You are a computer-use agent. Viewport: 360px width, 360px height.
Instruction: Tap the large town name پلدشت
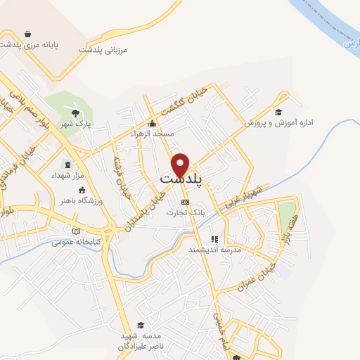[x=181, y=181]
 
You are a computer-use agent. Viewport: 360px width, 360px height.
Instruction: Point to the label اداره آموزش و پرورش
[x=288, y=122]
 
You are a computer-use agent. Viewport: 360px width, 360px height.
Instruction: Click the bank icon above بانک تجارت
[x=185, y=202]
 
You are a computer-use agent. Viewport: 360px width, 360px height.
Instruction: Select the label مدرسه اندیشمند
[x=214, y=249]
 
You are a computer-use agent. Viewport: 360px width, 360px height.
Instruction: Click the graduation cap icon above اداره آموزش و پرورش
[x=278, y=112]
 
